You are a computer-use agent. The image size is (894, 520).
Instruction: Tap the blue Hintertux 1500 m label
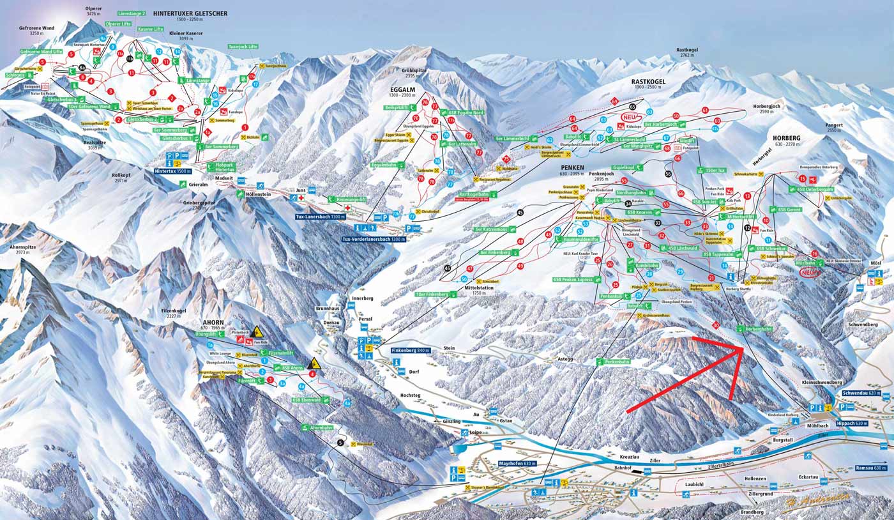click(173, 171)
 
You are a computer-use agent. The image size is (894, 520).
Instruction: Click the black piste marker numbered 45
click(520, 212)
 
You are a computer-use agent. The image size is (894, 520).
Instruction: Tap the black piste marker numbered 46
click(447, 268)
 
